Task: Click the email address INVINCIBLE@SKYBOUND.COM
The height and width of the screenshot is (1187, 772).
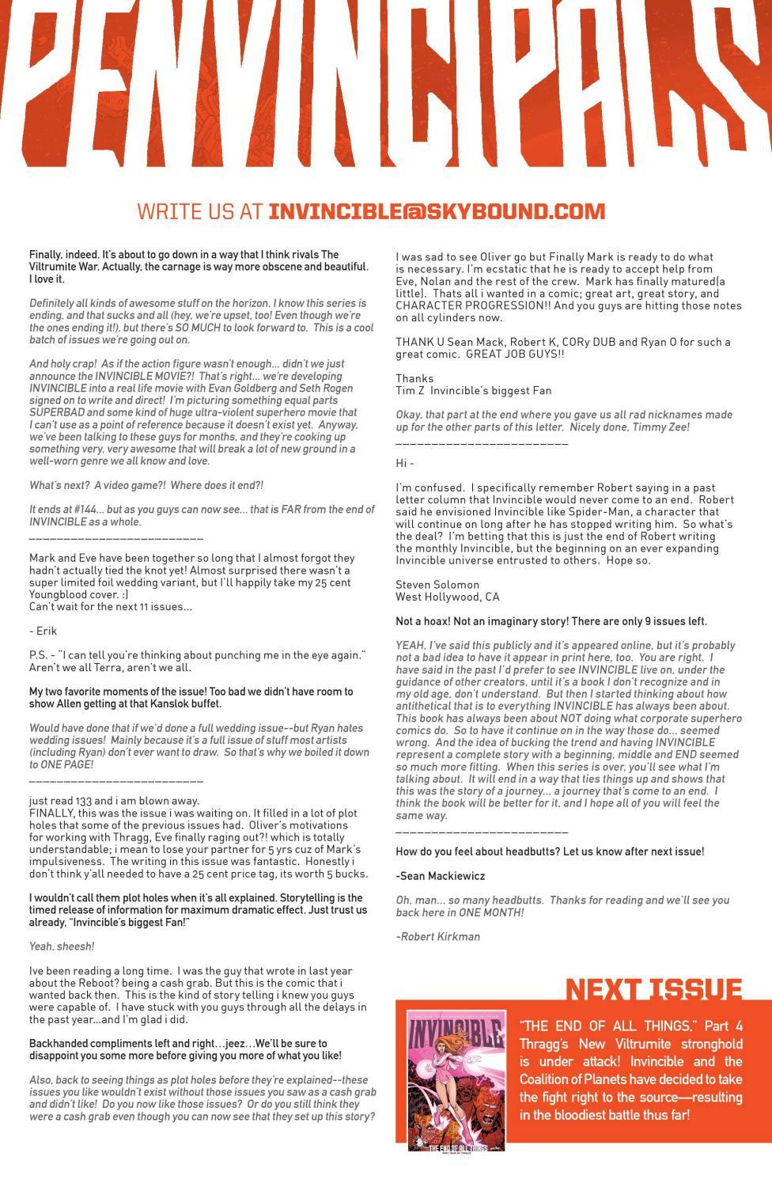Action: coord(437,211)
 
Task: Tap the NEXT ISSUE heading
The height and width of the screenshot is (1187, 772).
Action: coord(653,989)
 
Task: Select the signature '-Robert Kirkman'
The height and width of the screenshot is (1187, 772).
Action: coord(437,936)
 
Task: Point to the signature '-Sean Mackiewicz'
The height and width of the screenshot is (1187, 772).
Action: coord(440,876)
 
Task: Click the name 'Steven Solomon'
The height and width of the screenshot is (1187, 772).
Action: coord(437,585)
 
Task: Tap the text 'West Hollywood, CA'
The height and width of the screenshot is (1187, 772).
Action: coord(447,597)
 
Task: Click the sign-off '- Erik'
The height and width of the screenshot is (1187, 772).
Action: coord(43,631)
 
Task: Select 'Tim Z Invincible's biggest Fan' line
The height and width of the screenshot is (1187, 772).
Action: coord(473,390)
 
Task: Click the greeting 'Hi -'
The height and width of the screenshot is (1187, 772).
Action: coord(404,463)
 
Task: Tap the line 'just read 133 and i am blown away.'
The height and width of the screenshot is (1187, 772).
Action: coord(114,801)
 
